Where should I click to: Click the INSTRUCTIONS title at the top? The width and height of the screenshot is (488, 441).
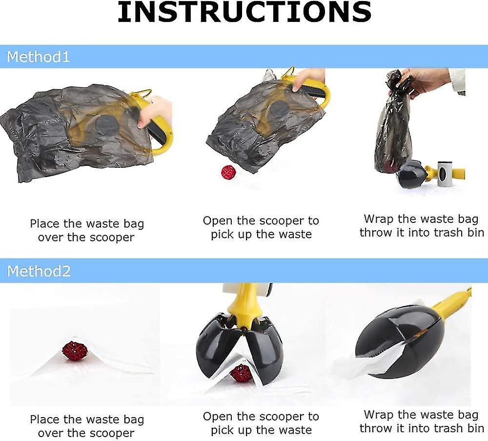244,13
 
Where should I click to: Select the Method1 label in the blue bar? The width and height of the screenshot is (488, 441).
38,57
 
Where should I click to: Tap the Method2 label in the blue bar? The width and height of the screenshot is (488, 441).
39,271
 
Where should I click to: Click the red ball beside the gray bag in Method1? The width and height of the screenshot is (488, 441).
228,172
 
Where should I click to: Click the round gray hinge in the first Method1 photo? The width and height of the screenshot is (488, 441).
107,124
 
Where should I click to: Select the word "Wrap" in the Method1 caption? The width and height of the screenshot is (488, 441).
379,219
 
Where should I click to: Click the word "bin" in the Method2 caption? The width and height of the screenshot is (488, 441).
475,428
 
